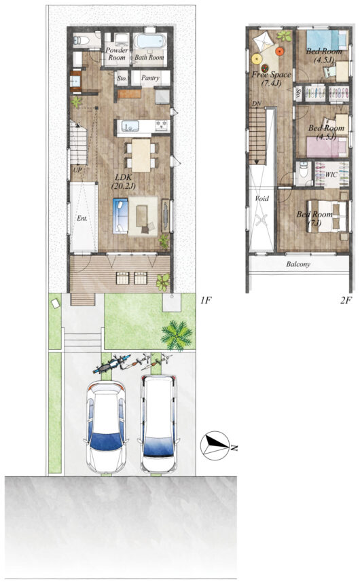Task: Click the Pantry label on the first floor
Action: tap(150, 78)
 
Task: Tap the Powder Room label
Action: tap(117, 54)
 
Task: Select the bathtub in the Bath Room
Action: tap(150, 41)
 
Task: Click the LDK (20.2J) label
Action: tap(124, 181)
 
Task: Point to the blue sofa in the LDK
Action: tap(120, 216)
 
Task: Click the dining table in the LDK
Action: tap(141, 156)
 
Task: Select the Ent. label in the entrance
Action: tap(82, 218)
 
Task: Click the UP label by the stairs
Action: tap(77, 170)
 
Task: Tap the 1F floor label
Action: tap(206, 300)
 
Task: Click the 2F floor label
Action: tap(346, 300)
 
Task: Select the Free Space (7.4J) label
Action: tap(271, 79)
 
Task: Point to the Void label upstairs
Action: tap(262, 198)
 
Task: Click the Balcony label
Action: tap(298, 264)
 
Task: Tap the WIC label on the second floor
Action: tap(331, 175)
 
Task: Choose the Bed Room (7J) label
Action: tap(314, 219)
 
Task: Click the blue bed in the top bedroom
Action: tap(327, 39)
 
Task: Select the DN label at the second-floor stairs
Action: tap(256, 103)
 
